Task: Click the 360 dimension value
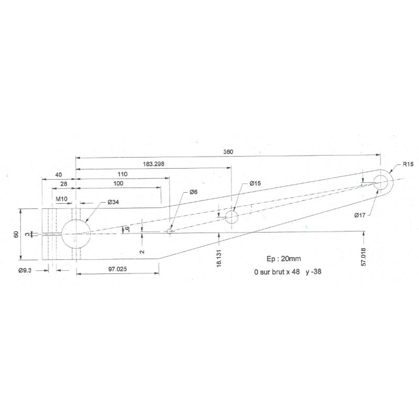(x=228, y=152)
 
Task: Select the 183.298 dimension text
(x=153, y=164)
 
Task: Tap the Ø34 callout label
(x=113, y=202)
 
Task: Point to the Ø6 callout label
(x=193, y=192)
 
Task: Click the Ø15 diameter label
(x=255, y=183)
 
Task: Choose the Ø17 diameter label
(x=360, y=215)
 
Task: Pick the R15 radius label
(x=408, y=164)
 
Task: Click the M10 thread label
(x=61, y=199)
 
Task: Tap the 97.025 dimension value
(x=117, y=269)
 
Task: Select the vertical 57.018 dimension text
(x=363, y=257)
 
